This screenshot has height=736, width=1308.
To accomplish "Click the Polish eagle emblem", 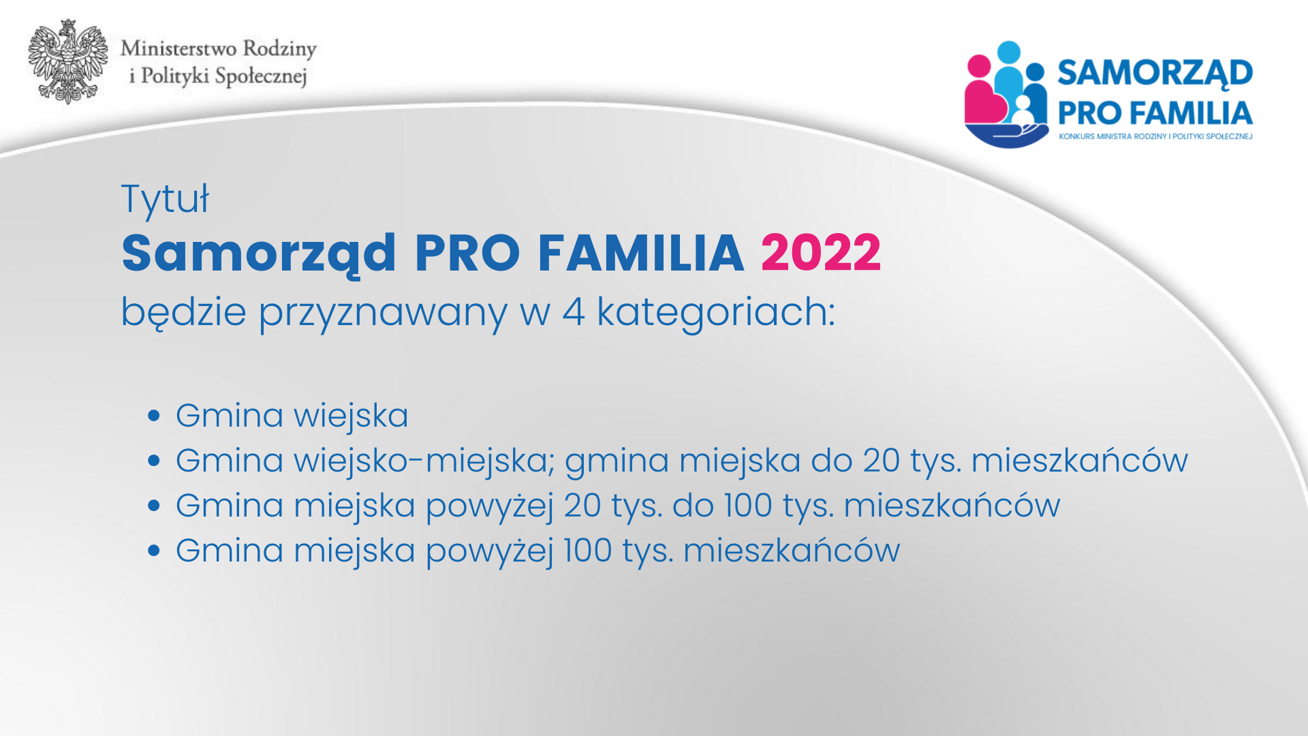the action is [x=68, y=61].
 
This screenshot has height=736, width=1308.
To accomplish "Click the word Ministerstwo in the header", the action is [x=178, y=48].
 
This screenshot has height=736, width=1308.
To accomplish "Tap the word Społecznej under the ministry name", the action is [x=261, y=76].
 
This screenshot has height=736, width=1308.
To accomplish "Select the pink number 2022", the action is [x=821, y=253].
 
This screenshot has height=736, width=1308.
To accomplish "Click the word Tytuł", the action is [x=166, y=200].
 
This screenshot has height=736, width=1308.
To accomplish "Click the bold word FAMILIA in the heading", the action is [x=640, y=253].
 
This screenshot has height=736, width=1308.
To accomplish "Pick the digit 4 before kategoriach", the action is [x=574, y=312].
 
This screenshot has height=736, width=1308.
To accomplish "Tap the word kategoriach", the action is [x=716, y=313].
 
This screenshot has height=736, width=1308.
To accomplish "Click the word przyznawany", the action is [x=383, y=313].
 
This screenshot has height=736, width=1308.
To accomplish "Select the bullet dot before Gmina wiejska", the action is [x=154, y=416].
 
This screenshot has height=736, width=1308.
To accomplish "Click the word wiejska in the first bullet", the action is [x=351, y=416].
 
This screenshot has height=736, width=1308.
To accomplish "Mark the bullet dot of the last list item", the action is [x=154, y=551].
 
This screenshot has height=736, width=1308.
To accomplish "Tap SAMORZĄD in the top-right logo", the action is [x=1155, y=73].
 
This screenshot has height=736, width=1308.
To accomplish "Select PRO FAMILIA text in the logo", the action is [x=1155, y=113].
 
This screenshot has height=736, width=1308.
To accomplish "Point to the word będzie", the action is [x=184, y=313].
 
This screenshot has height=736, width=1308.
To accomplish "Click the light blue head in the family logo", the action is [x=1009, y=52].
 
